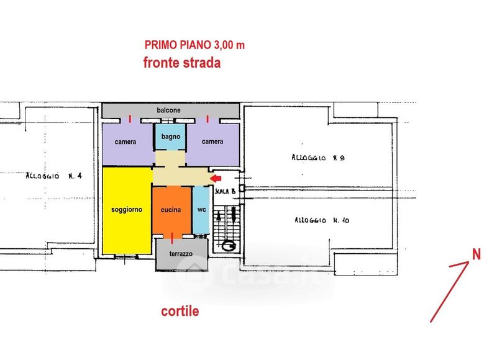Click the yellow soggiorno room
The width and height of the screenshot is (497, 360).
pos(127,210)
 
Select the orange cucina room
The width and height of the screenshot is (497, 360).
pos(171,210)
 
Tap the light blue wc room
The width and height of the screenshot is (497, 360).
pos(201,210)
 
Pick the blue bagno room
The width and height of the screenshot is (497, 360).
pos(170,137)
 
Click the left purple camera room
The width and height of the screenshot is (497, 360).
pos(126,144)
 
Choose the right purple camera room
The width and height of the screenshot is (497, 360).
pos(213,144)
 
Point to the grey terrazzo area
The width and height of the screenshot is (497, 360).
pos(181,254)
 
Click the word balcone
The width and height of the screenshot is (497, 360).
pos(168,110)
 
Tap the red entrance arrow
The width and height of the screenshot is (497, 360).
pos(216,179)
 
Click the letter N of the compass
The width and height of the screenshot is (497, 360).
pos(476,254)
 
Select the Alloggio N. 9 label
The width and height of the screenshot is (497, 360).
pos(318,158)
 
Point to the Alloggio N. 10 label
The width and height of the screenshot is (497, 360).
pos(322,220)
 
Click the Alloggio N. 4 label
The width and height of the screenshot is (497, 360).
pos(53,176)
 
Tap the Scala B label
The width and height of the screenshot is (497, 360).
pos(225,191)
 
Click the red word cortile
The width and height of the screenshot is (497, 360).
pos(180,311)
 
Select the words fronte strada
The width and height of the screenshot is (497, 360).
pos(182,63)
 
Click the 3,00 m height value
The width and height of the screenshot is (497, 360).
pos(229,45)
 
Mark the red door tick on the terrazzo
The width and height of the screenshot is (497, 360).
pos(172,238)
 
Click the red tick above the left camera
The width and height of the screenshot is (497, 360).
pos(130,119)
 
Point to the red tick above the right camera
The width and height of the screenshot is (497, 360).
pos(207,119)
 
